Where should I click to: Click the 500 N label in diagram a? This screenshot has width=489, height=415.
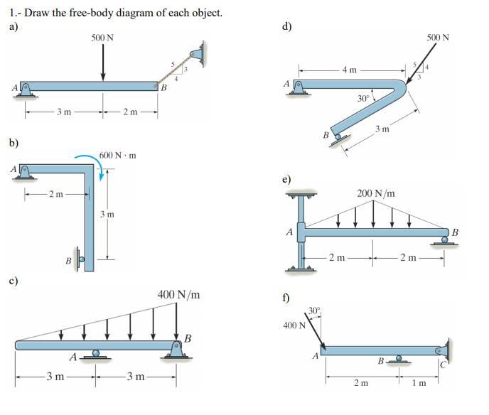tap(104, 37)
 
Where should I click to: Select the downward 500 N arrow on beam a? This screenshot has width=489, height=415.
tap(104, 63)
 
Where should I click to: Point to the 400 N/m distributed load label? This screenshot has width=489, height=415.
tap(178, 294)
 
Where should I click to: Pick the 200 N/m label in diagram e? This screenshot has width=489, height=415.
tap(376, 193)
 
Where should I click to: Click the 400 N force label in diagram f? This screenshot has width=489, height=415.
tap(294, 325)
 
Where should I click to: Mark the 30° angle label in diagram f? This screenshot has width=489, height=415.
tap(315, 310)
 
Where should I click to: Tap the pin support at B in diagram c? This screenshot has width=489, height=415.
tap(175, 347)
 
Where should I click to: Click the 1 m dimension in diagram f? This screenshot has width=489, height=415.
tap(421, 383)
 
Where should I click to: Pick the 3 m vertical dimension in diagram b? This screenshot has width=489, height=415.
tap(107, 214)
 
